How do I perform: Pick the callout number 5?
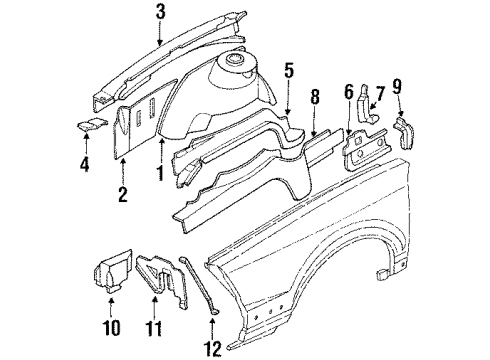(x=288, y=71)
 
